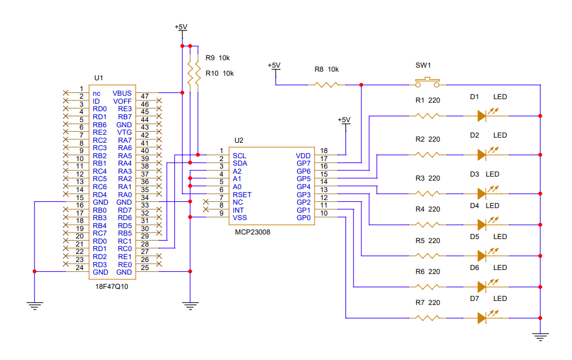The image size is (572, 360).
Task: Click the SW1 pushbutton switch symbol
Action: coord(427,82)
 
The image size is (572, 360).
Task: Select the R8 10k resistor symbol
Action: coord(326,85)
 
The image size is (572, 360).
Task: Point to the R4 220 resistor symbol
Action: coord(427,225)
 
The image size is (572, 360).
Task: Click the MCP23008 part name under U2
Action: coord(252,232)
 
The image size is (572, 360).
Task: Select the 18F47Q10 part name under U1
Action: coord(112,287)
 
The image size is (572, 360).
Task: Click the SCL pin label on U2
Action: coord(239,155)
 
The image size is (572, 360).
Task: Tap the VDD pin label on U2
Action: coord(303,155)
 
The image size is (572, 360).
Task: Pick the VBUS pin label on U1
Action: coord(122,93)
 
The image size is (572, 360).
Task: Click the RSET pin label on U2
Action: coord(242,194)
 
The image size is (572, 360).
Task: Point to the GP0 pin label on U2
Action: coord(303,218)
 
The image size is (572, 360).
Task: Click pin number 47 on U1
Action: coord(145,96)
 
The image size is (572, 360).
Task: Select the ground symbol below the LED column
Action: coord(540,336)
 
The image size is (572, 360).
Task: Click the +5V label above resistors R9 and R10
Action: coord(181,27)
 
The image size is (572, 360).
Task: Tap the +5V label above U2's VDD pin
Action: coord(344,119)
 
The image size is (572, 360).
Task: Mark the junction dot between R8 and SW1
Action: coord(361,85)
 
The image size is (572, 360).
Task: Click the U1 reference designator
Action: coord(99,78)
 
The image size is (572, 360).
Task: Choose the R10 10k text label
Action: coord(220,73)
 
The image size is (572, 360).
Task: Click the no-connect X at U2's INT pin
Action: coord(206,209)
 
